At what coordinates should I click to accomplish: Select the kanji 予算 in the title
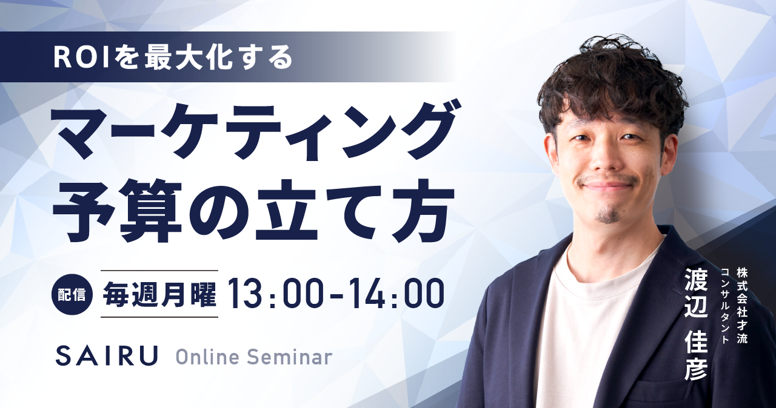click(117, 211)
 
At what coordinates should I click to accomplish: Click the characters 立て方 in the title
click(353, 211)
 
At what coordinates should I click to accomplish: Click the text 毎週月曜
click(159, 294)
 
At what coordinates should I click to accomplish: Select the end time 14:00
click(399, 294)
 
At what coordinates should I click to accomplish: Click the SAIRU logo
click(106, 355)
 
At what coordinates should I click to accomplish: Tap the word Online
click(207, 357)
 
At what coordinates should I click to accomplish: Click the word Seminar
click(289, 357)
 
